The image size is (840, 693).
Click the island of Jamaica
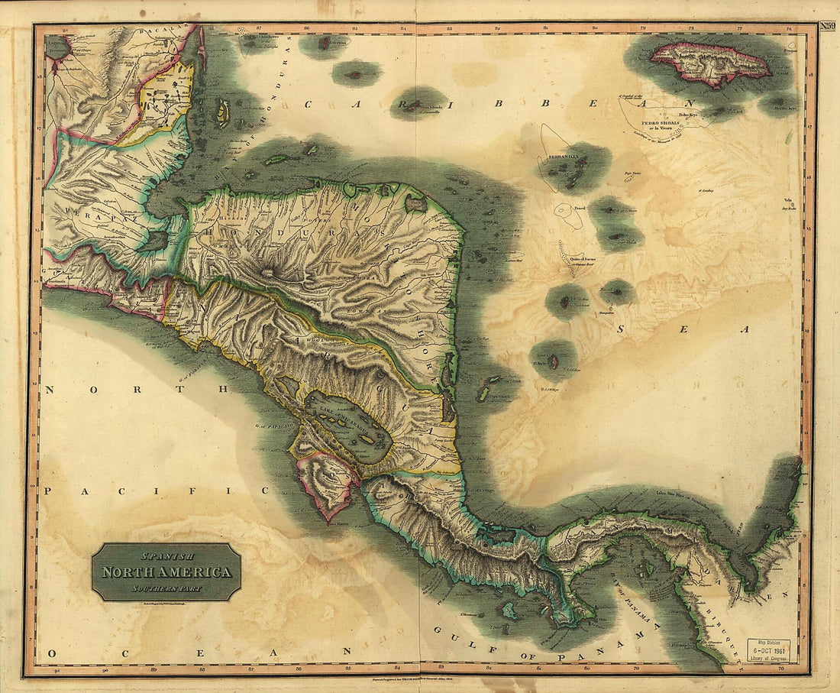710,63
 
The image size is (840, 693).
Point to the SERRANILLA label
563,157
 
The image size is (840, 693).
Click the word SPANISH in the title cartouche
166,557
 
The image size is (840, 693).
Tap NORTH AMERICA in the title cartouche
166,572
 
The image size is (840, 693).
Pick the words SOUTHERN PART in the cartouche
166,588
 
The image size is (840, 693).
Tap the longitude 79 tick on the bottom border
644,670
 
